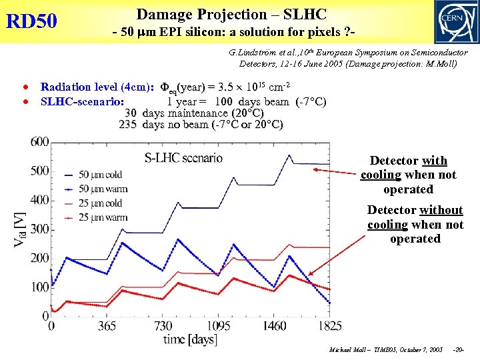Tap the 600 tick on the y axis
tap(39, 141)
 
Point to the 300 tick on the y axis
tap(39, 229)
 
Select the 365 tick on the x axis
tap(107, 326)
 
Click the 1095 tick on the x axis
tap(218, 326)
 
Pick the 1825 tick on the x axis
tap(329, 326)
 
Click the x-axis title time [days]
tap(190, 339)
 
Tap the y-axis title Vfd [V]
tap(21, 229)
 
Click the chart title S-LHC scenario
tap(183, 158)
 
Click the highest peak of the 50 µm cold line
tap(289, 155)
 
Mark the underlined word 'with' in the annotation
tap(435, 161)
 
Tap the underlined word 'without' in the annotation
tap(441, 210)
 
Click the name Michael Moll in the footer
tap(348, 350)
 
